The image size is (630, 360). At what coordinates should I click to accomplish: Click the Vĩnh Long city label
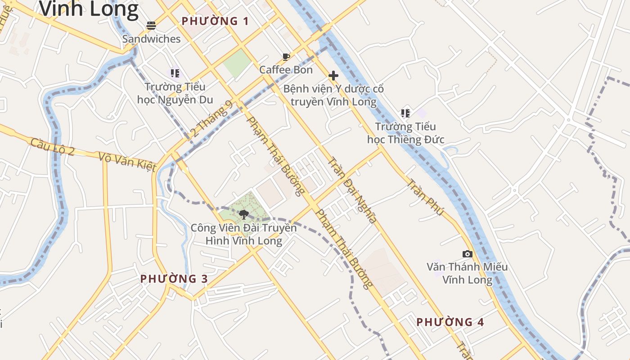click(x=89, y=9)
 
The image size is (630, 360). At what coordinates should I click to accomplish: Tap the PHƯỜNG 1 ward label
click(x=215, y=21)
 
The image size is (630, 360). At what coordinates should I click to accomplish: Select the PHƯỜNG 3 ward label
click(x=174, y=279)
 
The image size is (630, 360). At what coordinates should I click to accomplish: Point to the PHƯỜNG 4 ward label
click(x=450, y=322)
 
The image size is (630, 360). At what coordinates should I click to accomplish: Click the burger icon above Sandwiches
click(x=151, y=25)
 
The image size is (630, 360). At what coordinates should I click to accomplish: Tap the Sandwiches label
click(x=151, y=39)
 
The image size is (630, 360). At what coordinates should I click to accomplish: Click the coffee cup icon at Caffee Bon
click(x=286, y=57)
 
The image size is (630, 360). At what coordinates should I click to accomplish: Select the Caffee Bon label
click(x=286, y=70)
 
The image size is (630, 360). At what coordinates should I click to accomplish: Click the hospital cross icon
click(x=333, y=76)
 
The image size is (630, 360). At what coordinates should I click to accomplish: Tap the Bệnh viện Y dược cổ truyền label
click(x=333, y=95)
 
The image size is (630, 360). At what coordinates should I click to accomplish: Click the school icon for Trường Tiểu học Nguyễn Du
click(x=175, y=73)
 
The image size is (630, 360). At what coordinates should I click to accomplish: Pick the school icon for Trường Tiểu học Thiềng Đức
click(x=405, y=113)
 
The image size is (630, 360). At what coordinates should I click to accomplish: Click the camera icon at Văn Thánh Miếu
click(x=467, y=254)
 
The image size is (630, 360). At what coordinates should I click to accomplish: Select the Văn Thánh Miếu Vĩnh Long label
click(x=467, y=273)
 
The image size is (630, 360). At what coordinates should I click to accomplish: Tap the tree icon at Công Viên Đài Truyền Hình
click(x=244, y=214)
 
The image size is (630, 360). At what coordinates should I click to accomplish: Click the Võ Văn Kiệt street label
click(x=127, y=162)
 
